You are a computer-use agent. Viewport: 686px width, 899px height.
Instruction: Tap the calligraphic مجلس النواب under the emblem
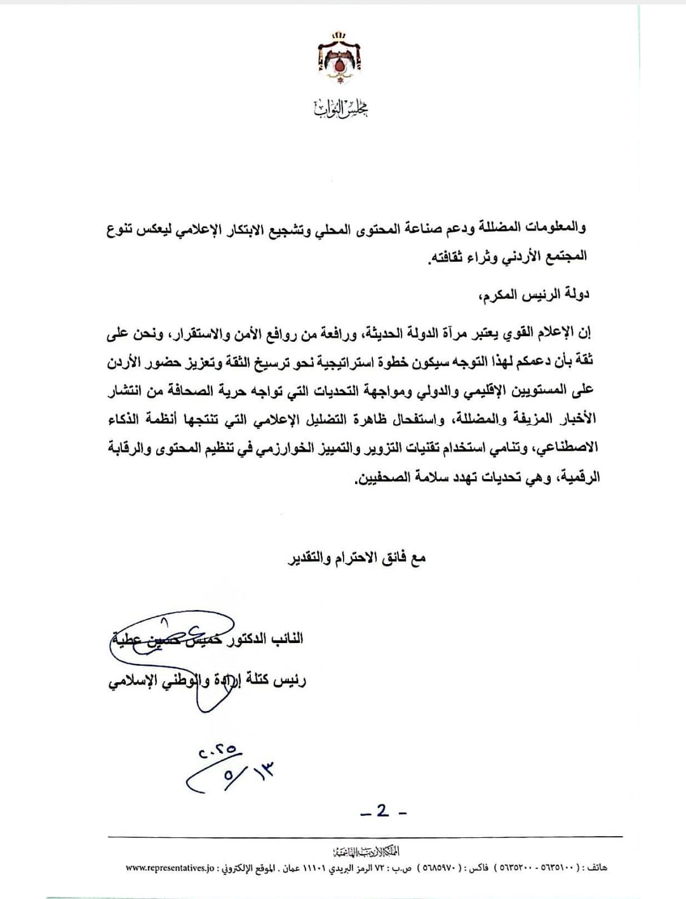(x=341, y=109)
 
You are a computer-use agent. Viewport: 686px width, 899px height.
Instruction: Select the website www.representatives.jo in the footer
(x=170, y=868)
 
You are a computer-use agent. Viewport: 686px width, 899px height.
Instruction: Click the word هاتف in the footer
(x=597, y=868)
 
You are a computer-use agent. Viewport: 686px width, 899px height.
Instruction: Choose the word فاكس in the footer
(x=478, y=868)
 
